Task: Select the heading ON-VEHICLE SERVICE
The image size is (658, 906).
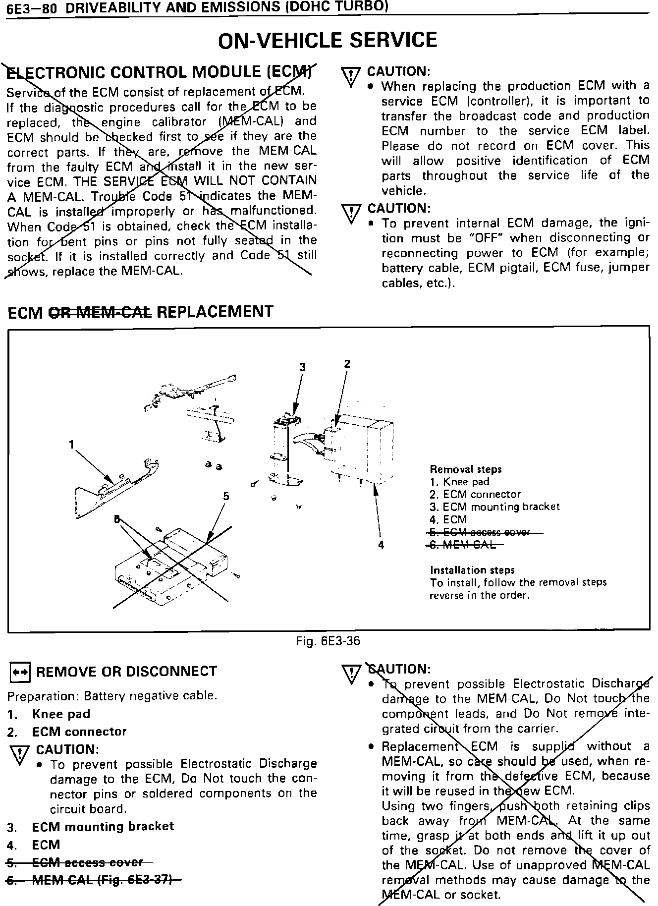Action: coord(328,40)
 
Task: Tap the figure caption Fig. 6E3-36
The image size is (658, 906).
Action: coord(328,641)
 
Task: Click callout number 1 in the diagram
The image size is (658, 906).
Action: coord(72,445)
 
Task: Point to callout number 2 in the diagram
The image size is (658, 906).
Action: coord(347,364)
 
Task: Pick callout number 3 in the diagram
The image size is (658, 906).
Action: coord(302,367)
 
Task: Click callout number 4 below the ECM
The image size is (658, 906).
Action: coord(381,544)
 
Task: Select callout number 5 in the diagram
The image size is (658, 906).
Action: coord(226,496)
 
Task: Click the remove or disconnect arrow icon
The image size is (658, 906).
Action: coord(20,672)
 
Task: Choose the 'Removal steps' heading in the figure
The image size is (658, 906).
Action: coord(465,469)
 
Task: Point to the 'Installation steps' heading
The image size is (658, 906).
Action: coord(472,570)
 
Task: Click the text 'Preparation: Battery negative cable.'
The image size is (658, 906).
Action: coord(112,695)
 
